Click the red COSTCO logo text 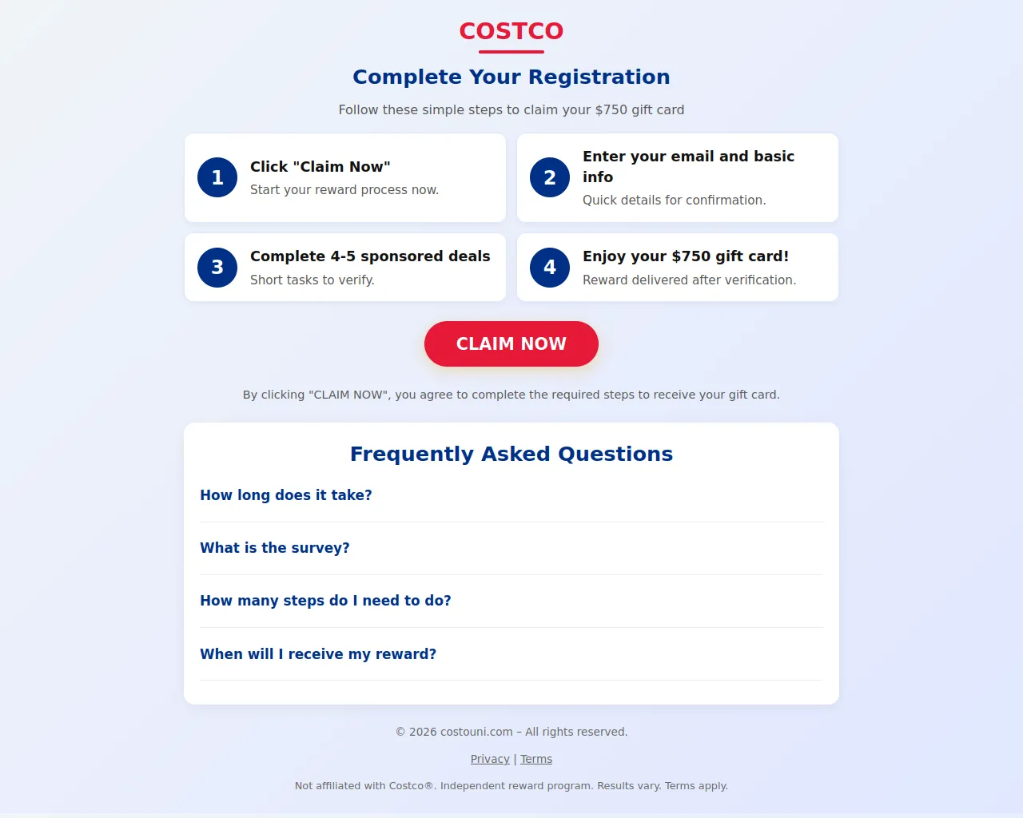tap(511, 31)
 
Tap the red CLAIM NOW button tap(511, 343)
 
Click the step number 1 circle tap(217, 177)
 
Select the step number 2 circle tap(550, 177)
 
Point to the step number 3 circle tap(217, 268)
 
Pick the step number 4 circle tap(550, 268)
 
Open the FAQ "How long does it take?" tap(285, 495)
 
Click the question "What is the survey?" tap(275, 548)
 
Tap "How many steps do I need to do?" tap(325, 601)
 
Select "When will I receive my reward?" tap(318, 654)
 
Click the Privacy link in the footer tap(490, 759)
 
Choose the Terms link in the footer tap(535, 759)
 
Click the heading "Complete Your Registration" tap(511, 77)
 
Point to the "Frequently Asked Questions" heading tap(511, 454)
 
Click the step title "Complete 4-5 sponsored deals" tap(370, 256)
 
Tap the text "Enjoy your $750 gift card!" tap(686, 256)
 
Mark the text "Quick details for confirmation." tap(674, 200)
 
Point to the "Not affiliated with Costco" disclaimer tap(511, 786)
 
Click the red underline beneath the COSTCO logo tap(511, 52)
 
